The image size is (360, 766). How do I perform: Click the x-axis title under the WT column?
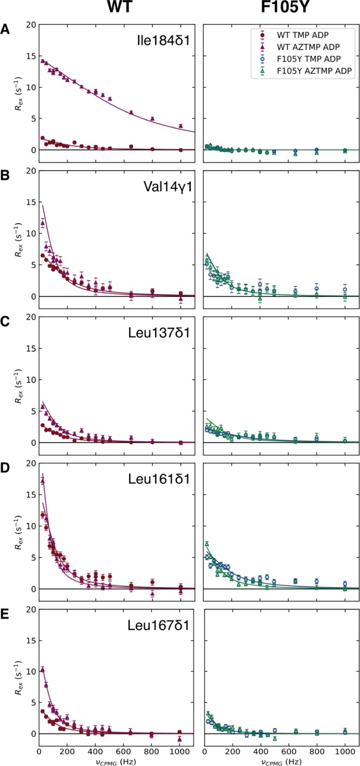[x=117, y=758]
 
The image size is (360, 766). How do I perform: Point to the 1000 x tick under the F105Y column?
[x=345, y=748]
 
